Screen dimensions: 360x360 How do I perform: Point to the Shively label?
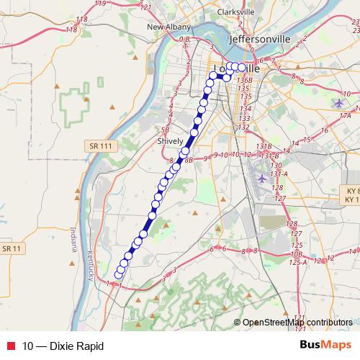pyautogui.click(x=171, y=142)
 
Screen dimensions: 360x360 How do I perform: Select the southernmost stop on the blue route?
pyautogui.click(x=119, y=274)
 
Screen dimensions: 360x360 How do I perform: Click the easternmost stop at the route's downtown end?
pyautogui.click(x=241, y=67)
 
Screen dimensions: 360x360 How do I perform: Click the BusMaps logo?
pyautogui.click(x=325, y=346)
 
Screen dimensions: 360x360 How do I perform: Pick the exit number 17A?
pyautogui.click(x=345, y=115)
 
